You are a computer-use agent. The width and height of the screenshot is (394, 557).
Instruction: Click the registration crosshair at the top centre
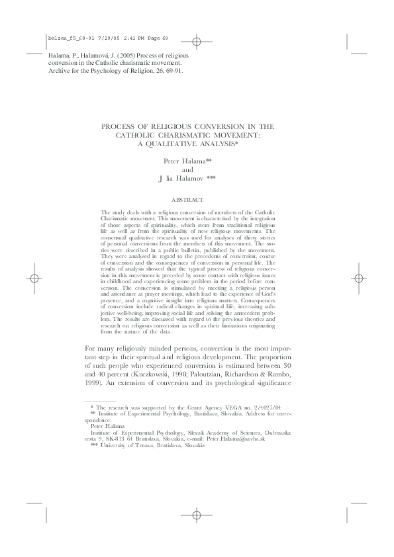coord(197,23)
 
